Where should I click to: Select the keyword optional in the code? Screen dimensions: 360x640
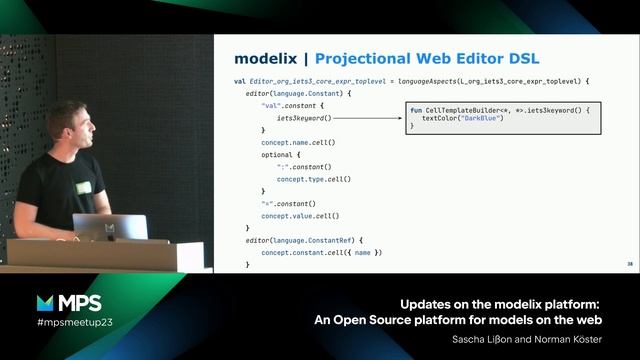[278, 155]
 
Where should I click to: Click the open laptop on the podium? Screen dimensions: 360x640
[110, 227]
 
